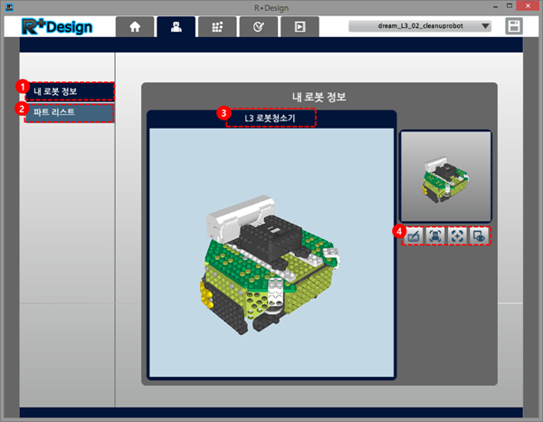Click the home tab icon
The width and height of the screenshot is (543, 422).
pos(135,26)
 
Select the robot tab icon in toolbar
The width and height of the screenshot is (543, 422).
pos(176,26)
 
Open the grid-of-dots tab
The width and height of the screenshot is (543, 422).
pos(217,26)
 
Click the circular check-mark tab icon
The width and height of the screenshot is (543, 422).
pos(258,26)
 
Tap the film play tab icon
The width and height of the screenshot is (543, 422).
pos(300,26)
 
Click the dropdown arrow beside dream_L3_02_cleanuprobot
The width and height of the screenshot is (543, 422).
pos(485,26)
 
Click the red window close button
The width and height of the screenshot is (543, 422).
pos(528,6)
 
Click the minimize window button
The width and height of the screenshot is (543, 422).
pos(496,6)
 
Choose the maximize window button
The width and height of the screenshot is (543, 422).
pos(510,5)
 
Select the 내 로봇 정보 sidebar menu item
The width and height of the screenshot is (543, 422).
pos(70,91)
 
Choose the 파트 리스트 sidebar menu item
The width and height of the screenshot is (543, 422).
pos(70,112)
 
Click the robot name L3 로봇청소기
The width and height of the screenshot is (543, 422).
pos(270,118)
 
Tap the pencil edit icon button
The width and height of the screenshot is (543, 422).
pos(414,236)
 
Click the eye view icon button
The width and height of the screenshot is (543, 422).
pos(479,236)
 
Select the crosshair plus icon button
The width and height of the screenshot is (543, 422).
pos(457,236)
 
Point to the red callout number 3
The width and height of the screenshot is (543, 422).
pos(224,113)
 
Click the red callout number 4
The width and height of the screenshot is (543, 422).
pos(399,231)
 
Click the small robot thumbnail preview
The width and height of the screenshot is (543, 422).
pos(445,176)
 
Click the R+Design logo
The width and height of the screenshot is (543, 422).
pos(57,26)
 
